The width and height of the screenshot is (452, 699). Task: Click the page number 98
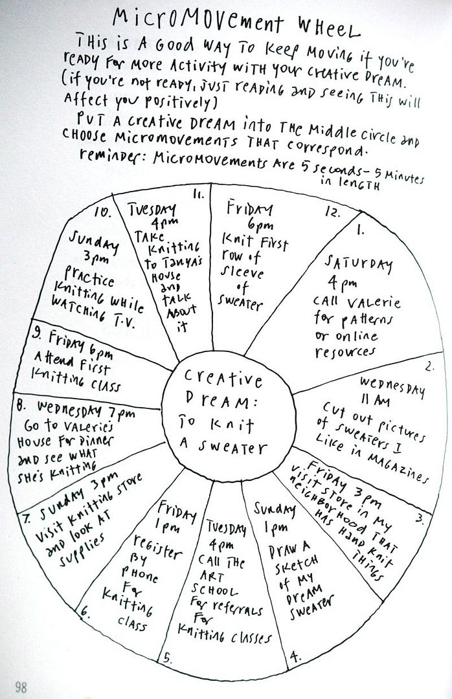[21, 687]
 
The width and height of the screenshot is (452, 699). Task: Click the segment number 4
[296, 656]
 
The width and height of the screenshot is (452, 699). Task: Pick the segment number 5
[166, 658]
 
